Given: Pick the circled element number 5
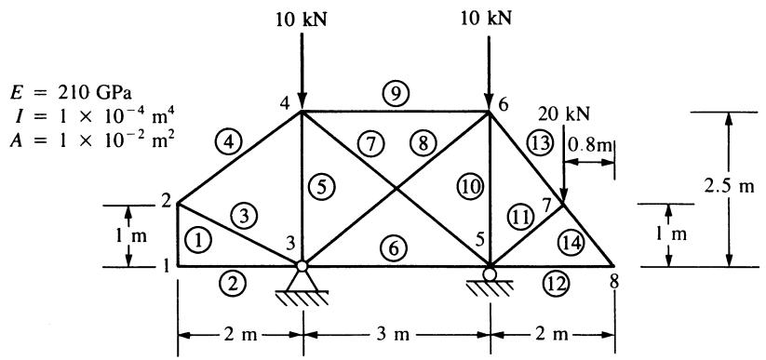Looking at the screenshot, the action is click(x=321, y=187).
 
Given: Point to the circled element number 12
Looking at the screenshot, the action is click(x=557, y=284).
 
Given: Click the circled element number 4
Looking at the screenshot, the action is click(x=227, y=142).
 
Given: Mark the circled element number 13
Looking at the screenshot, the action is click(x=539, y=144).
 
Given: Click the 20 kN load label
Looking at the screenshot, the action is click(x=565, y=113).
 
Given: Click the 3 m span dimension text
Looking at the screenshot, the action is click(x=396, y=335).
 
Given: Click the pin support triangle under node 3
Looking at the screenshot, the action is click(x=302, y=280).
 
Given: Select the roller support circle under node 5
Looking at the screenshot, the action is click(x=490, y=273).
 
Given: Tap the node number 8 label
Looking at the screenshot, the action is click(x=614, y=282).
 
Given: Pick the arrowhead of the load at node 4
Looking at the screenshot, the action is click(x=302, y=102).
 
